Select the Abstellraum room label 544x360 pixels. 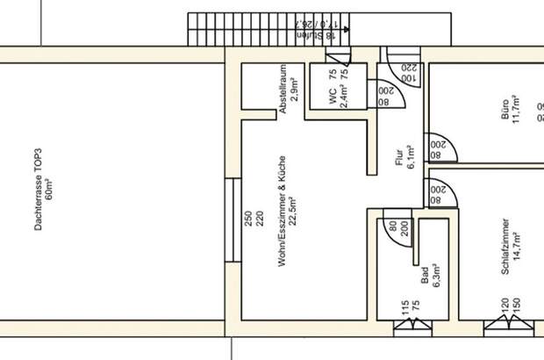[282, 90]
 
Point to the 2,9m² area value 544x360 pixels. [294, 90]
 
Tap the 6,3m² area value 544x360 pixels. [436, 278]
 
